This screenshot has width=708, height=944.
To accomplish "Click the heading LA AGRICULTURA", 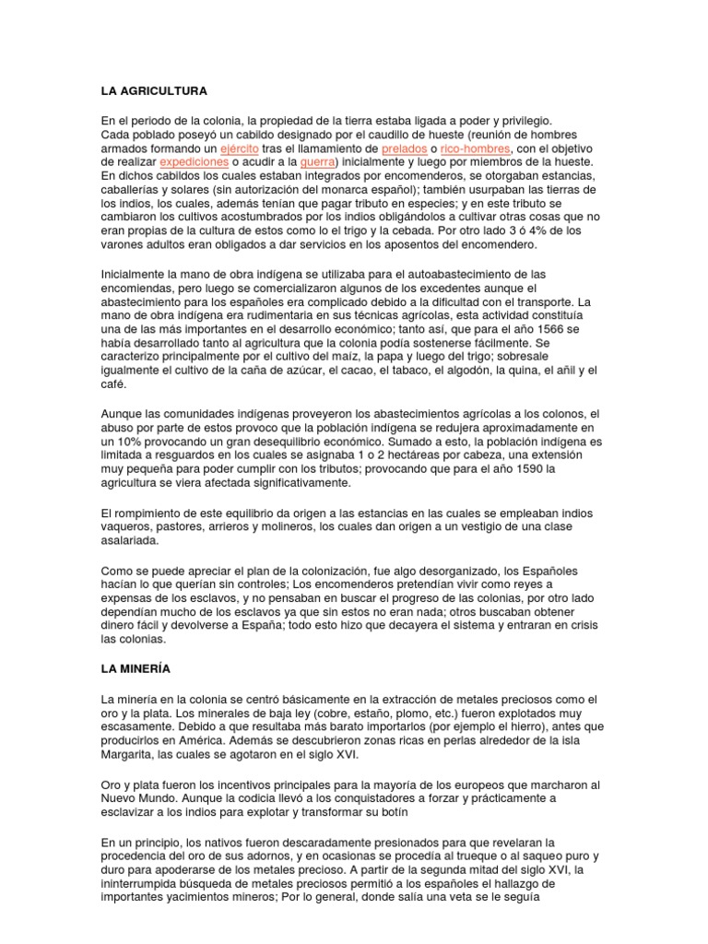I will pos(154,91).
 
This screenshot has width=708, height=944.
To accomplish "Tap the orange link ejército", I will pos(239,147).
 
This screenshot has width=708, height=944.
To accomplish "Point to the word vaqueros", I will pos(126,526).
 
